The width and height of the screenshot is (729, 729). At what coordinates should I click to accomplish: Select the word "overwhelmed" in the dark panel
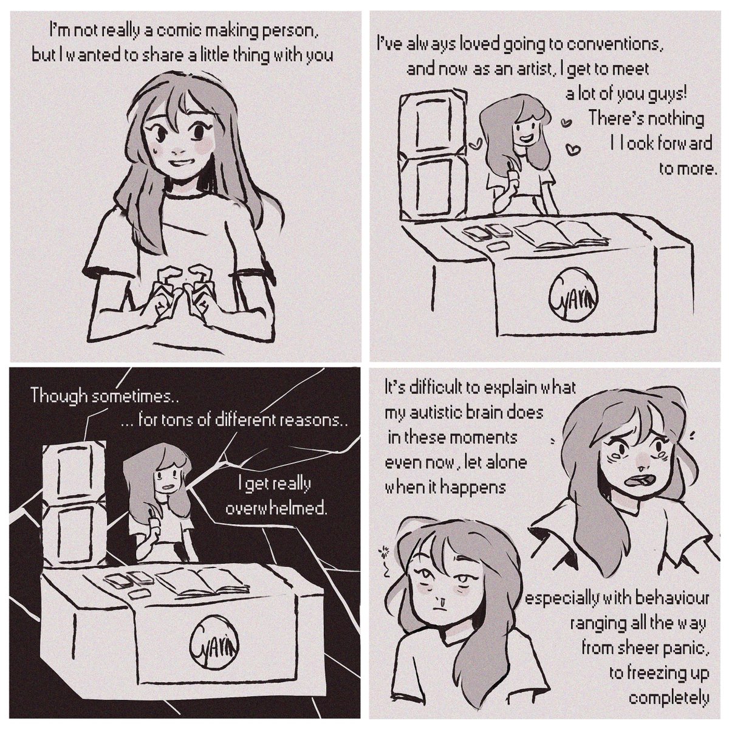tap(276, 509)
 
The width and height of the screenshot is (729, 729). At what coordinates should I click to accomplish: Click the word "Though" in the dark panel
tap(61, 397)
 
